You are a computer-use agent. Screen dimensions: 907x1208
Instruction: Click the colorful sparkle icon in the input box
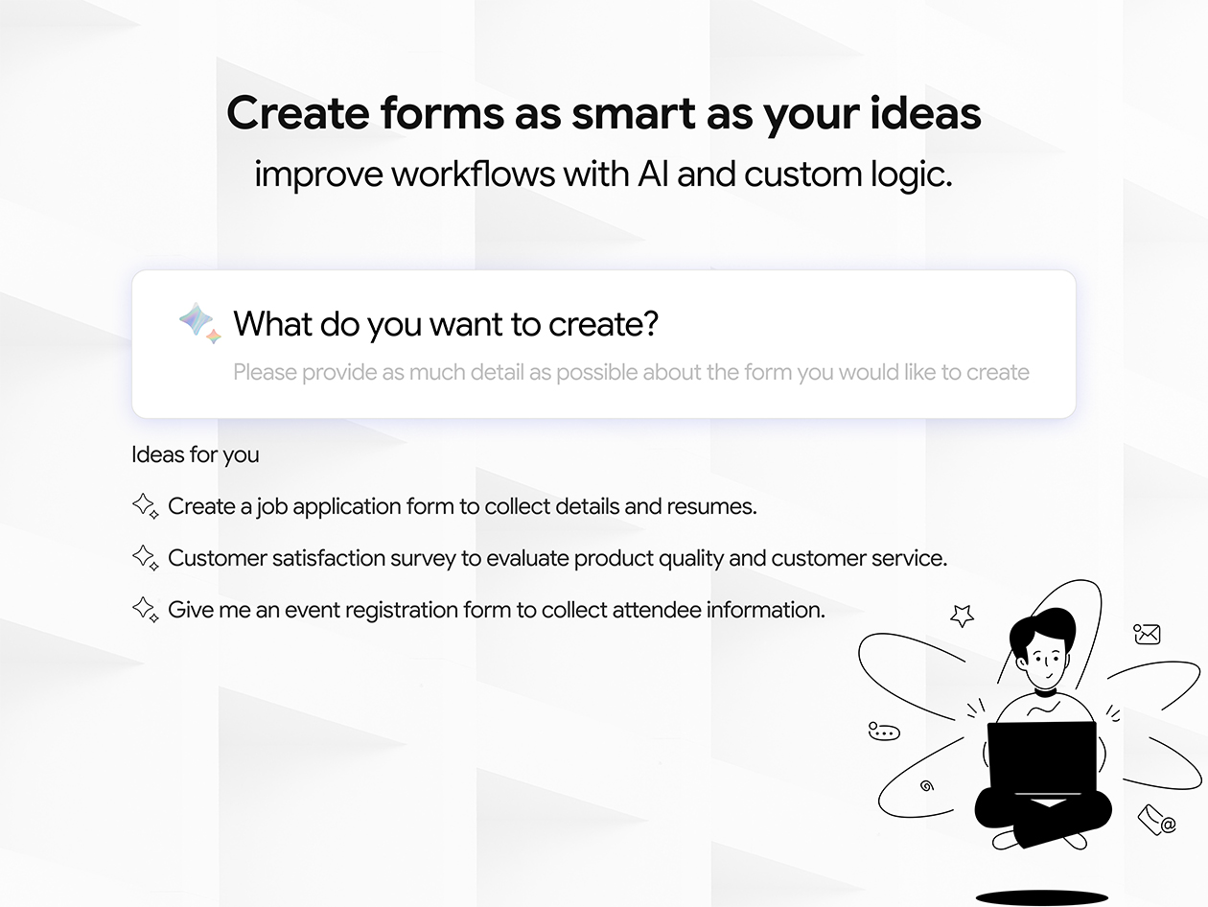199,322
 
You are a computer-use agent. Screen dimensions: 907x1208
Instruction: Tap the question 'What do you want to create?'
446,324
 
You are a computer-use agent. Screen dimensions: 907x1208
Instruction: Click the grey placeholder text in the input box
631,372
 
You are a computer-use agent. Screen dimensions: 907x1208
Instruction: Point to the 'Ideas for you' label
195,454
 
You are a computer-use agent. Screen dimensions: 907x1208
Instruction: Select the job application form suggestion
462,506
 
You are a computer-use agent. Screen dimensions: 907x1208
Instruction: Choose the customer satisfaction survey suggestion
557,558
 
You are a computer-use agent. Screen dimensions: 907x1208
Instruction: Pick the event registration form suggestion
496,610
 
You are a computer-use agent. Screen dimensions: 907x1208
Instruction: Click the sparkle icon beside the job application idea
145,506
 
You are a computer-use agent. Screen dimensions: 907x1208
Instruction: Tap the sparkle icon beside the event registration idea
145,610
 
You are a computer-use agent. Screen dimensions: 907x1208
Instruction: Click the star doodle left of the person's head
961,616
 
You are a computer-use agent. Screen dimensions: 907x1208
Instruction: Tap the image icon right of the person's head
1147,634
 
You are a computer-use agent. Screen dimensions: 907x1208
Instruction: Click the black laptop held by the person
1041,757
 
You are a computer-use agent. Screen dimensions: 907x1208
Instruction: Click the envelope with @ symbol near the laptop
1156,821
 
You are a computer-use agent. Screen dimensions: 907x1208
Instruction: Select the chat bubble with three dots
883,732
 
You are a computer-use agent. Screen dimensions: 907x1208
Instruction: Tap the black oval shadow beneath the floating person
1041,897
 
